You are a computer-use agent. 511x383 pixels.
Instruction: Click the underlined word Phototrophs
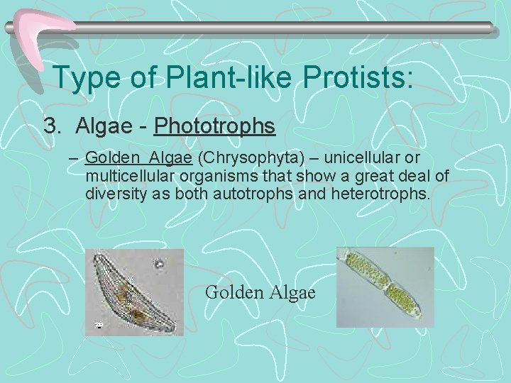point(214,126)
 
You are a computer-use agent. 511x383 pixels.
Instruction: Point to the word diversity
point(116,193)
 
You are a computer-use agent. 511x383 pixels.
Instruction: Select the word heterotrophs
point(380,193)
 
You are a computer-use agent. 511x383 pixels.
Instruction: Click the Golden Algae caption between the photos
point(260,292)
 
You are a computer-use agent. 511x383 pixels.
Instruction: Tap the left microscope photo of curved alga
point(134,292)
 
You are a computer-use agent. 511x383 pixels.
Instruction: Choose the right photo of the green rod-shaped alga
point(384,287)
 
